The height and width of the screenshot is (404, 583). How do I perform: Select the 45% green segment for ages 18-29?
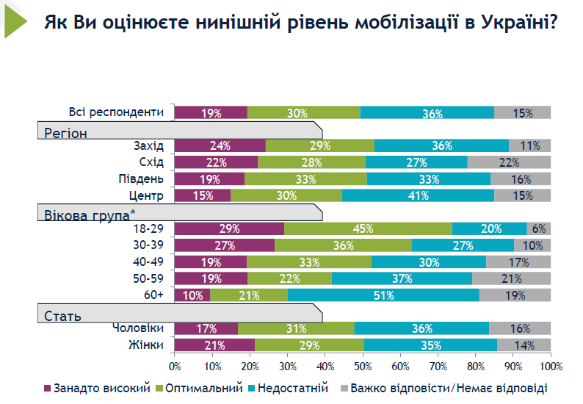368,228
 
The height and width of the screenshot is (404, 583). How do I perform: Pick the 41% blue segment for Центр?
418,195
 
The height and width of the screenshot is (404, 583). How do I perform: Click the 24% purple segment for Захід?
220,145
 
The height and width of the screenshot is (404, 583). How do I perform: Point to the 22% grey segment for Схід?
509,162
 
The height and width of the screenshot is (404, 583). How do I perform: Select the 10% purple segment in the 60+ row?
192,295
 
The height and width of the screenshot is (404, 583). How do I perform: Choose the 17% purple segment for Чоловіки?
206,328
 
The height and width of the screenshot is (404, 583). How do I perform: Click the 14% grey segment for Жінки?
524,345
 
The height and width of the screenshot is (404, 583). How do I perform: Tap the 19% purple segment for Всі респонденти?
211,112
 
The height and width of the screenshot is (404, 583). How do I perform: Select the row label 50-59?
148,278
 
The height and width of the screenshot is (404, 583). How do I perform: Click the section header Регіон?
66,133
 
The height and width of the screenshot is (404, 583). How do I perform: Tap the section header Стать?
63,317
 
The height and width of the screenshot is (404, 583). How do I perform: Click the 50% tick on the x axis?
363,365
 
